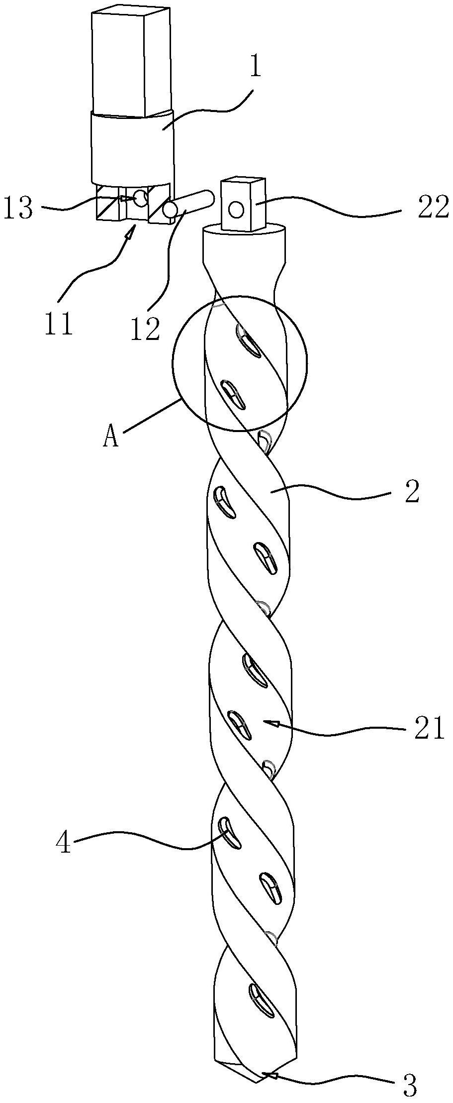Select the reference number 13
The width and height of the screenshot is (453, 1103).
coord(18,208)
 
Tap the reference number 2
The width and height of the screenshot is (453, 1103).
coord(412,492)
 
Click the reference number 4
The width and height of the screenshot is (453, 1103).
coord(63,843)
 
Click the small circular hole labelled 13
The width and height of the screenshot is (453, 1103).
coord(141,198)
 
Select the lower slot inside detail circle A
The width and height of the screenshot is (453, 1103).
coord(233,395)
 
